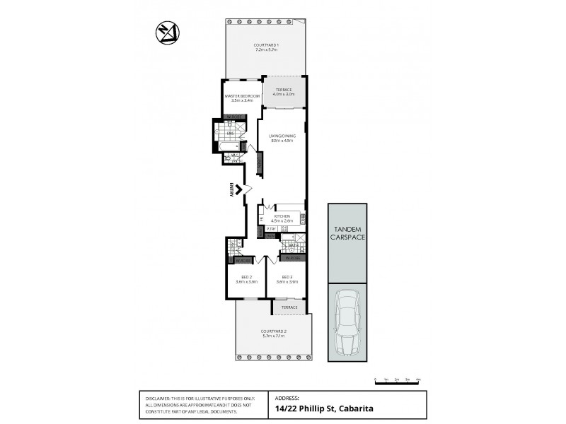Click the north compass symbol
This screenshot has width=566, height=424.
pos(168,32)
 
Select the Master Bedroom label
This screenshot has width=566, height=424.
pos(243,95)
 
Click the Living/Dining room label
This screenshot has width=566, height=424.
pos(282,136)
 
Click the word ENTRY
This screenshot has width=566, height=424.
pos(231,189)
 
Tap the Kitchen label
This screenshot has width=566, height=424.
pos(282,216)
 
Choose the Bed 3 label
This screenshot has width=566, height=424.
pos(287,277)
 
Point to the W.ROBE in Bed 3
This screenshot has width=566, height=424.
pos(292,258)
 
